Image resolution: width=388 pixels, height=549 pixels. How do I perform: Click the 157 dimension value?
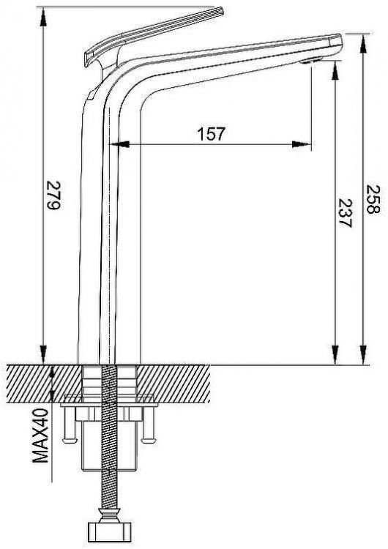point(212,134)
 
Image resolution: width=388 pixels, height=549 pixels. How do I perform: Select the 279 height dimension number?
point(54,195)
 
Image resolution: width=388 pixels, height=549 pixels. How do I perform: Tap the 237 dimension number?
point(345,214)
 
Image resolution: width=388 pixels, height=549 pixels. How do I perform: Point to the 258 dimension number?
point(373,199)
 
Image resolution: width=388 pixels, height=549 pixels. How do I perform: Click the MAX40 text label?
point(40,436)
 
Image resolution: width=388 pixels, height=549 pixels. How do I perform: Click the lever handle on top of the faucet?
point(153,37)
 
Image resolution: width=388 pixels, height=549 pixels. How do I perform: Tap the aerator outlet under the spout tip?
point(310,61)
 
